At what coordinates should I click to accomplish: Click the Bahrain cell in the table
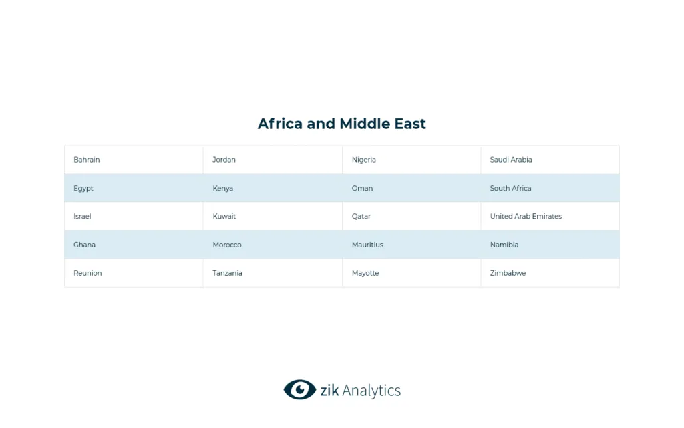click(x=87, y=160)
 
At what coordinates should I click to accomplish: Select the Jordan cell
click(x=224, y=160)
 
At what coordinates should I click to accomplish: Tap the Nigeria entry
click(x=364, y=160)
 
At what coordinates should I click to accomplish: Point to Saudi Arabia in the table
click(x=511, y=160)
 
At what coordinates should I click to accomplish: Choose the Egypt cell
click(x=83, y=189)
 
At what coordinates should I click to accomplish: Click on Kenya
click(x=223, y=189)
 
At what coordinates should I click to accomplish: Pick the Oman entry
click(x=363, y=189)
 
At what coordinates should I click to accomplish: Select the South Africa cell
click(x=511, y=189)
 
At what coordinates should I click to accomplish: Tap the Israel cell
click(x=82, y=217)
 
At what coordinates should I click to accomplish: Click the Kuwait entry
click(x=224, y=217)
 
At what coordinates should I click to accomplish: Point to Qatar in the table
click(x=361, y=217)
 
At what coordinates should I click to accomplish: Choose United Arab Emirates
click(x=526, y=217)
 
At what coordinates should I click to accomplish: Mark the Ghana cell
click(x=85, y=245)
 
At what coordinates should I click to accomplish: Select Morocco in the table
click(x=227, y=245)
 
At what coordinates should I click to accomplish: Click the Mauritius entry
click(x=368, y=245)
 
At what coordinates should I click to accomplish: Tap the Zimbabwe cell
click(x=508, y=273)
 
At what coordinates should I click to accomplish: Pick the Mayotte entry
click(x=365, y=273)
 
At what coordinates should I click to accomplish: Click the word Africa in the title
click(x=280, y=124)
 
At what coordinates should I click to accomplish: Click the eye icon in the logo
click(x=299, y=389)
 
